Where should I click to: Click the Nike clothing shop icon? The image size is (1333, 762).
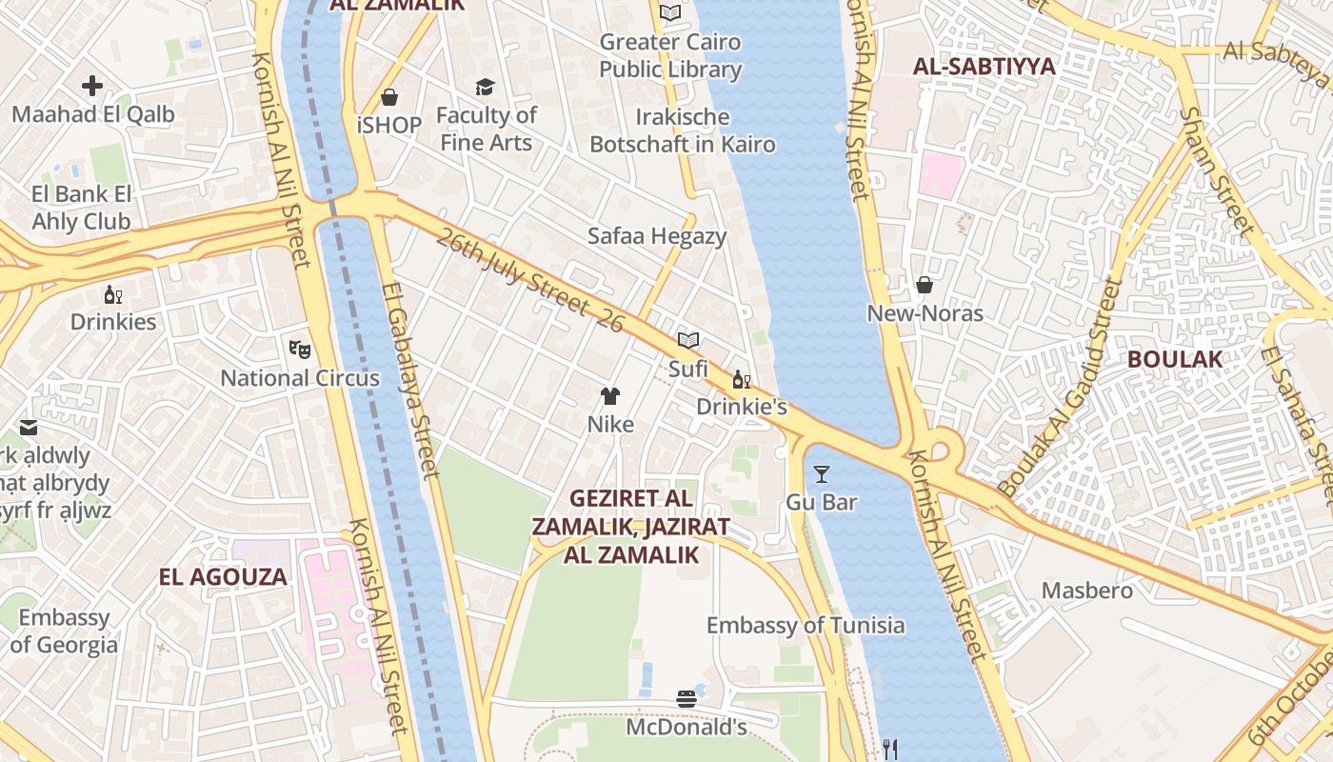coord(610,396)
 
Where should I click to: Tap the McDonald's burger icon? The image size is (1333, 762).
coord(686,699)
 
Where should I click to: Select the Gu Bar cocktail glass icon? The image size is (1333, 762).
coord(822,473)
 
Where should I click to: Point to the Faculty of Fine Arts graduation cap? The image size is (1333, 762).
coord(486,88)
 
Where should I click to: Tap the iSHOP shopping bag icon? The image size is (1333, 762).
coord(389,97)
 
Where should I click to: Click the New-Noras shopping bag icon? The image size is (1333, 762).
coord(924,285)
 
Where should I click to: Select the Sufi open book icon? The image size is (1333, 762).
coord(688,340)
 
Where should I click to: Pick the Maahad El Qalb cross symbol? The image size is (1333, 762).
coord(92,87)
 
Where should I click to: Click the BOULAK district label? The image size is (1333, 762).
coord(1174,359)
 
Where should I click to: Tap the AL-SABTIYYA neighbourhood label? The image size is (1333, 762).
coord(985,67)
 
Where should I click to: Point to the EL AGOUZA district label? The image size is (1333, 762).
coord(223,576)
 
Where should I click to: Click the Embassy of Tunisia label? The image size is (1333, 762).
coord(806,625)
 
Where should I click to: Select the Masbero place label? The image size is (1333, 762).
coord(1087,591)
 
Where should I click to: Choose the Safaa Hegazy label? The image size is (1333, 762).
coord(657,236)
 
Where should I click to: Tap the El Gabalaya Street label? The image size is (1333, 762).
coord(410,378)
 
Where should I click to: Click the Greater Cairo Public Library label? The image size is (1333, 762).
coord(670,55)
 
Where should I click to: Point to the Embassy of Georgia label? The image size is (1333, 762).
coord(64,631)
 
